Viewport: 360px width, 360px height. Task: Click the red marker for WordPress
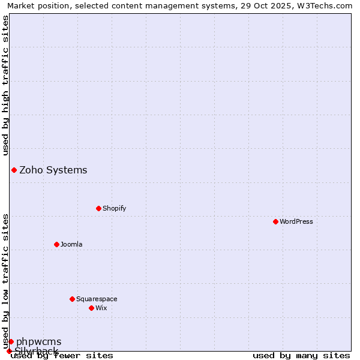(x=275, y=221)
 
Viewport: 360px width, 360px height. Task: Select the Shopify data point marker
(x=98, y=208)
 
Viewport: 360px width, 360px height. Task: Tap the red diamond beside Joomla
(x=56, y=244)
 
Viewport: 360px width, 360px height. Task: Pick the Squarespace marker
(x=72, y=299)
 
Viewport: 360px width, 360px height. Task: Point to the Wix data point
(x=91, y=308)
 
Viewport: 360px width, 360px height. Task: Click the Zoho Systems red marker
(x=14, y=170)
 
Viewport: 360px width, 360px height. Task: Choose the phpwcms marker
(x=11, y=341)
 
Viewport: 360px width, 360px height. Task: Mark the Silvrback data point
(x=9, y=351)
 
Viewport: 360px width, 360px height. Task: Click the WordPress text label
(x=296, y=221)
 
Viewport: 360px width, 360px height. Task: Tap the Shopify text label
(x=114, y=208)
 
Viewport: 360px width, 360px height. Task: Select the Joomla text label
(x=71, y=244)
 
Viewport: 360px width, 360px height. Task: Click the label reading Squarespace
(x=97, y=299)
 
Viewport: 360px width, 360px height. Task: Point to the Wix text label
(x=101, y=308)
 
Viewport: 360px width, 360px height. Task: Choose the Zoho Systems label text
(x=53, y=170)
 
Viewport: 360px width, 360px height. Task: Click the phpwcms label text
(x=38, y=341)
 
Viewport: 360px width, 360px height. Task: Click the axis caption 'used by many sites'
(x=301, y=355)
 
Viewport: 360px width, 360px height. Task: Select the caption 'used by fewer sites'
(x=62, y=355)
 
